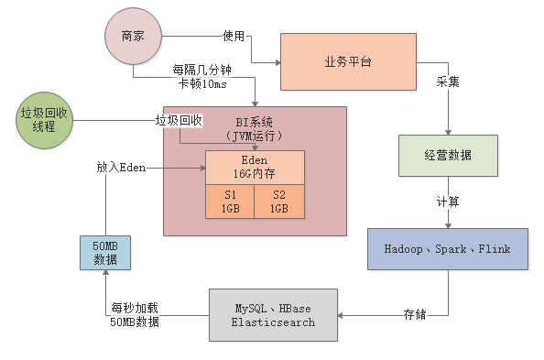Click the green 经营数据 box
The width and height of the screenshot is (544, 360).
[x=449, y=156]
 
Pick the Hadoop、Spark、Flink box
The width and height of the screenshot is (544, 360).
[x=448, y=249]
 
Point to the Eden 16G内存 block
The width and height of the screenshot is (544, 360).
[x=255, y=166]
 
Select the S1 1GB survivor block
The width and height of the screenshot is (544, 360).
[x=229, y=202]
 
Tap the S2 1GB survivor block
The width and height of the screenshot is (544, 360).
[x=278, y=202]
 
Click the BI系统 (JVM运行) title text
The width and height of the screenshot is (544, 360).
[x=255, y=128]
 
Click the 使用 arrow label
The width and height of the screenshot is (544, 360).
[x=234, y=37]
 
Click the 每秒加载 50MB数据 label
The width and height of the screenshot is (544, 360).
[x=135, y=315]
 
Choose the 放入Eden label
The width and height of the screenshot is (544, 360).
[x=122, y=169]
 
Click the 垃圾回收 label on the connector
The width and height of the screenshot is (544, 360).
[x=178, y=120]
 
